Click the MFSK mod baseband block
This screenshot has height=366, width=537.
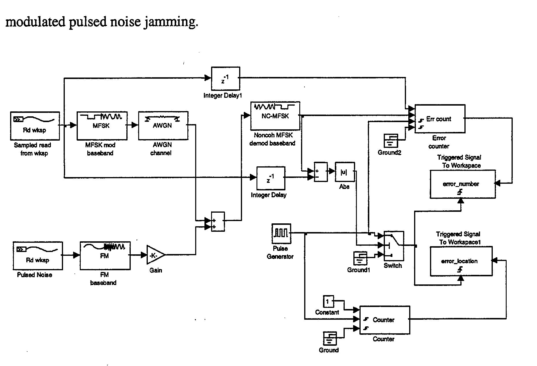click(102, 126)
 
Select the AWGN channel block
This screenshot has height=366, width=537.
click(163, 126)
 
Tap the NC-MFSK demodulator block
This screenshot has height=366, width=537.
click(275, 116)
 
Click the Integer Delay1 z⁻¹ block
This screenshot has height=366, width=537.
click(225, 79)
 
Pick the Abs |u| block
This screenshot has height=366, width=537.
click(345, 172)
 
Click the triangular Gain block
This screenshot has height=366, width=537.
click(154, 255)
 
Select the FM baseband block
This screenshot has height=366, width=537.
click(105, 255)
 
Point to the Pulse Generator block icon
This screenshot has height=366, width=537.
click(281, 233)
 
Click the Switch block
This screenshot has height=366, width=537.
click(394, 246)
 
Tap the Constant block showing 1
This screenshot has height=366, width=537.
click(328, 301)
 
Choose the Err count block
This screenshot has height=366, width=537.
click(440, 119)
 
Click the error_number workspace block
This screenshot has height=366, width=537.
click(462, 184)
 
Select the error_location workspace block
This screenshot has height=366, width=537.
click(461, 261)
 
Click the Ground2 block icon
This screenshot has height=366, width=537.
click(390, 141)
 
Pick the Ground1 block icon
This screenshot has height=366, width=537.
click(360, 258)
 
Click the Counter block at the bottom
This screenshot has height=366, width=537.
click(384, 320)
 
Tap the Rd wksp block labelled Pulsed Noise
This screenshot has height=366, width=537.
click(38, 255)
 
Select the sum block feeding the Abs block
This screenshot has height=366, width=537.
click(321, 172)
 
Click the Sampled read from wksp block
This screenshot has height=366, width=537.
click(35, 126)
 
